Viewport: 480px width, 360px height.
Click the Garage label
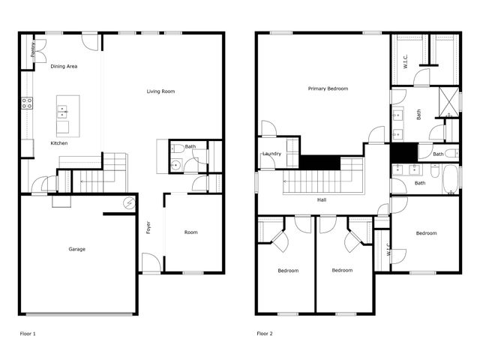coord(76,249)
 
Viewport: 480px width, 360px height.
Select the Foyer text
coord(148,226)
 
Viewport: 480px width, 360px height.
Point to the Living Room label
coord(160,91)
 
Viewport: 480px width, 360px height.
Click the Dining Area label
coord(64,67)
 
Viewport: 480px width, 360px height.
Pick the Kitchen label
coord(59,142)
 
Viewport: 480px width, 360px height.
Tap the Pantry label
coord(32,49)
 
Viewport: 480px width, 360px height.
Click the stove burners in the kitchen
coord(27,103)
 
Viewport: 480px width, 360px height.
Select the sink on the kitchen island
coord(63,112)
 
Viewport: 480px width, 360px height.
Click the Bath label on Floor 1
coord(190,147)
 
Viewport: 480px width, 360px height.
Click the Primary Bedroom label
coord(328,88)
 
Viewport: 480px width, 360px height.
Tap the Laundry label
coord(271,154)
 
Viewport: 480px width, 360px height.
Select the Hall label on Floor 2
coord(321,200)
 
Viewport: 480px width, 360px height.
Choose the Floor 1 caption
coord(27,333)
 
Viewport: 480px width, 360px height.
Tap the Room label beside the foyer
coord(191,232)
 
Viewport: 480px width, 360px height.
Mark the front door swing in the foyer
coord(151,262)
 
